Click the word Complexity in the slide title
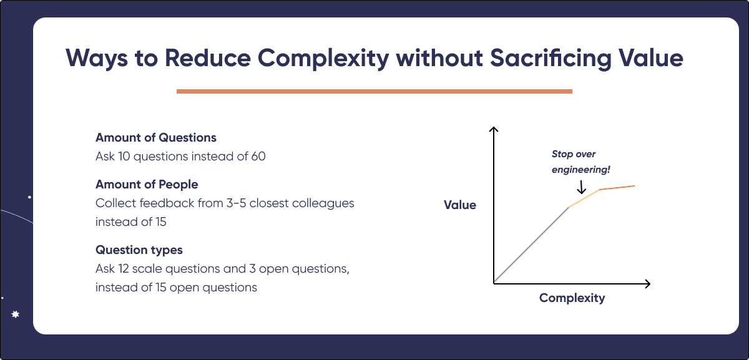pyautogui.click(x=323, y=59)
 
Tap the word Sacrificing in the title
pyautogui.click(x=551, y=59)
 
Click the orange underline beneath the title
pyautogui.click(x=374, y=91)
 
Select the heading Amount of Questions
pyautogui.click(x=156, y=137)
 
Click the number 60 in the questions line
pyautogui.click(x=258, y=157)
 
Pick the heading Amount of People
pyautogui.click(x=147, y=184)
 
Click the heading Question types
pyautogui.click(x=139, y=250)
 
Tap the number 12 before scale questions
pyautogui.click(x=124, y=269)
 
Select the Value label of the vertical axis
pyautogui.click(x=460, y=205)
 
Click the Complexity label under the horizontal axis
pyautogui.click(x=572, y=298)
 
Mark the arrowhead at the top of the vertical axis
pyautogui.click(x=494, y=129)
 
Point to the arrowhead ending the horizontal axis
pyautogui.click(x=648, y=284)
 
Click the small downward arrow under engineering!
pyautogui.click(x=582, y=187)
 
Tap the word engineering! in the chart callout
pyautogui.click(x=581, y=170)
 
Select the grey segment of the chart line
pyautogui.click(x=531, y=245)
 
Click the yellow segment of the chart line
pyautogui.click(x=584, y=198)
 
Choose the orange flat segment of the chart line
pyautogui.click(x=617, y=188)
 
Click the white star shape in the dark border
pyautogui.click(x=16, y=314)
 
